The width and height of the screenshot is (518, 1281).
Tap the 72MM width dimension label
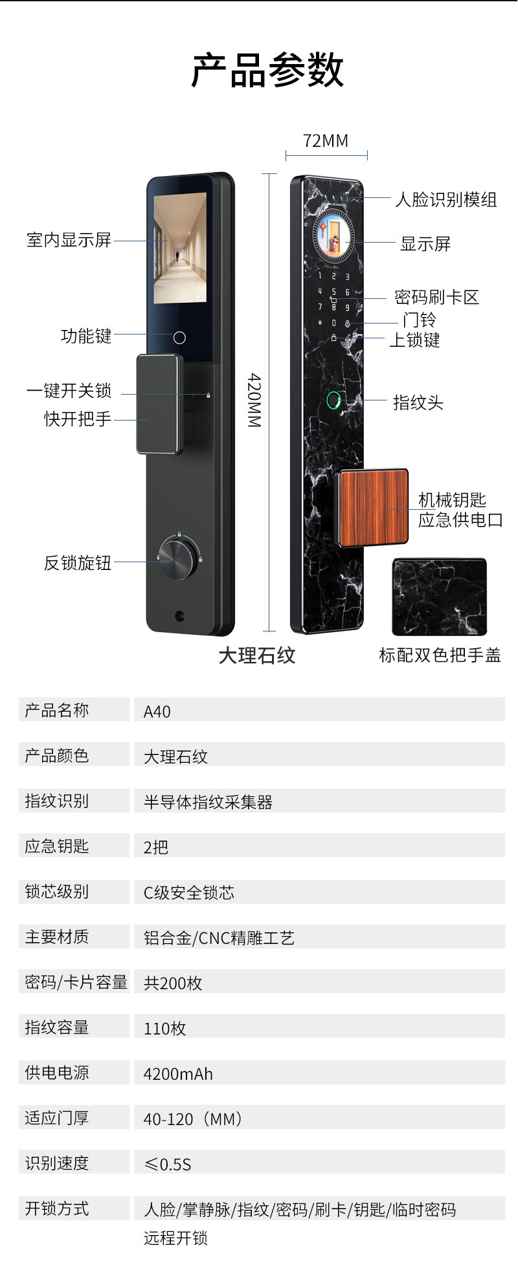pos(326,141)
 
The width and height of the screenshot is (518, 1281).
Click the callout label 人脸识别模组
pos(446,199)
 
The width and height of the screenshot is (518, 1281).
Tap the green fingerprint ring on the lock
pos(333,400)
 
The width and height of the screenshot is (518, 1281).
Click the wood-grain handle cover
pos(374,507)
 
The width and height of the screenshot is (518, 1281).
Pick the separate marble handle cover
pos(439,597)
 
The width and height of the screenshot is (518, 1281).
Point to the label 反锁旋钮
pos(78,562)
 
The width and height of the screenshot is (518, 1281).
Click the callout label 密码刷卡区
pos(436,297)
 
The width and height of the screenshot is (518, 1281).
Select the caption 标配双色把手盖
pos(440,655)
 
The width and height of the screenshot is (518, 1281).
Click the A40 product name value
pos(157,712)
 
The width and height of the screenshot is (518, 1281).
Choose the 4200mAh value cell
pos(178,1074)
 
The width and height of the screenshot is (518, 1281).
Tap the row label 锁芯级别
pos(57,892)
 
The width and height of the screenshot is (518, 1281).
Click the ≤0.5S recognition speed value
pos(168,1165)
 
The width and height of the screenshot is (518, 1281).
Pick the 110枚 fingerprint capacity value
pos(164,1029)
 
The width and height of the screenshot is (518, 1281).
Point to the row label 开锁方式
pos(57,1209)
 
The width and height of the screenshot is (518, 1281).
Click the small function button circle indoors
pos(180,338)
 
